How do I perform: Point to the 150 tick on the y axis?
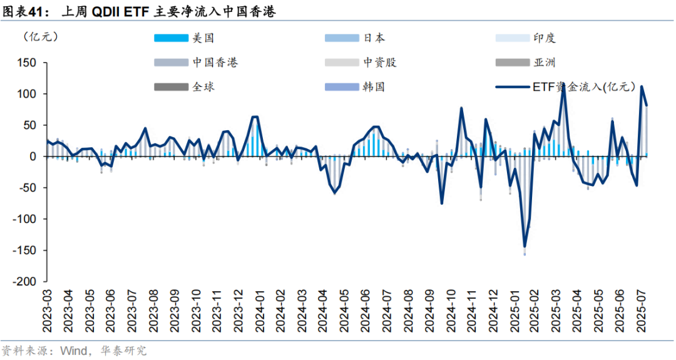click(29, 63)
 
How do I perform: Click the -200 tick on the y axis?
click(26, 282)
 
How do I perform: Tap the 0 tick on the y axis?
click(34, 157)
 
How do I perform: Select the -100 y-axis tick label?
click(26, 219)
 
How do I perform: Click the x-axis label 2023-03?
click(48, 311)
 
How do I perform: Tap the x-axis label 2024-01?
click(259, 311)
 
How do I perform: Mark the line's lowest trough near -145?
click(525, 246)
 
